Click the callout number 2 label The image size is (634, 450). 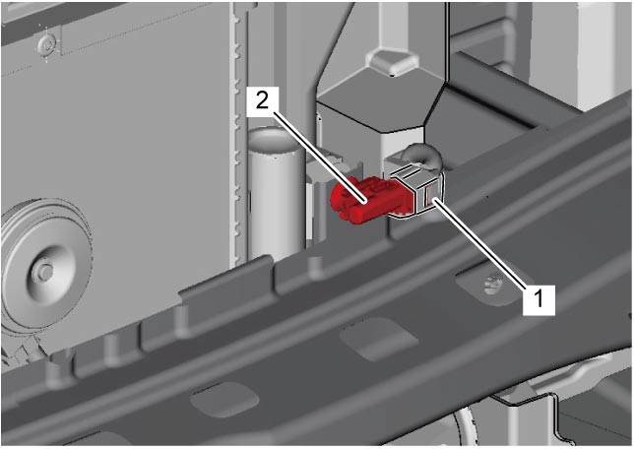point(263,100)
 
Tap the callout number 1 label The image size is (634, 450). point(539,299)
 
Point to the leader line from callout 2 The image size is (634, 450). point(320,158)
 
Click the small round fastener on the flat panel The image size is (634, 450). point(48,44)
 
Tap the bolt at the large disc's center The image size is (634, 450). point(42,271)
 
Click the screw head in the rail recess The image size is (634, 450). point(492,285)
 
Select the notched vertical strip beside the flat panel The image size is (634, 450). point(239,133)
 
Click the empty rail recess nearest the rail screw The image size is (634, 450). point(378,339)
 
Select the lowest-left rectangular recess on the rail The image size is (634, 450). point(224,399)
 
